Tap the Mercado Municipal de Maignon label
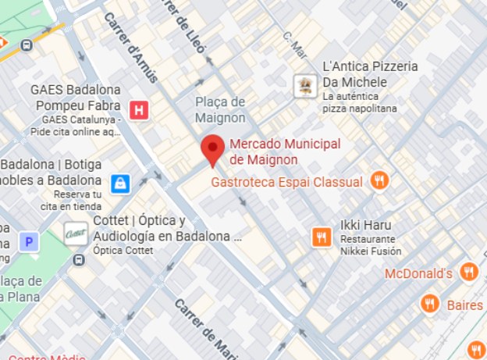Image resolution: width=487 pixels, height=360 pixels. pyautogui.click(x=285, y=151)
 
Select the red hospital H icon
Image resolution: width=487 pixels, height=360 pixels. pyautogui.click(x=140, y=109)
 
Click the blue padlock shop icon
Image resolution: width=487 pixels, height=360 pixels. pyautogui.click(x=119, y=183)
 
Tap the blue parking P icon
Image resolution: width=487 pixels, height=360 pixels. pyautogui.click(x=29, y=242)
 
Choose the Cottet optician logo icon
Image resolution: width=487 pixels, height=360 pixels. pyautogui.click(x=76, y=233)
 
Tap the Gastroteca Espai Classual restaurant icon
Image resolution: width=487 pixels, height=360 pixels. pyautogui.click(x=379, y=180)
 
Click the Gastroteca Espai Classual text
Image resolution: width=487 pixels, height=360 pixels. pyautogui.click(x=287, y=182)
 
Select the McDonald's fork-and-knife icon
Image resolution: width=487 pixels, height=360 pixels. pyautogui.click(x=468, y=273)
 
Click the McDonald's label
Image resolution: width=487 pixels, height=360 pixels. pyautogui.click(x=419, y=274)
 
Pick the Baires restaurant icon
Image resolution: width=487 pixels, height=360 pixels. pyautogui.click(x=428, y=304)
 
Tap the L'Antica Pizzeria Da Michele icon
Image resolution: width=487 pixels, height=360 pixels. pyautogui.click(x=304, y=85)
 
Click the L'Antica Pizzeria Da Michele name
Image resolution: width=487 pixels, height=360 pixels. pyautogui.click(x=370, y=74)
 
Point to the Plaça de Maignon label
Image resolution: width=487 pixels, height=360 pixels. pyautogui.click(x=220, y=110)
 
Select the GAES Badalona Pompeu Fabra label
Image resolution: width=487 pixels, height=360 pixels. pyautogui.click(x=76, y=98)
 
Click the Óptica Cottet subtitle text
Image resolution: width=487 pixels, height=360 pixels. pyautogui.click(x=123, y=251)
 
